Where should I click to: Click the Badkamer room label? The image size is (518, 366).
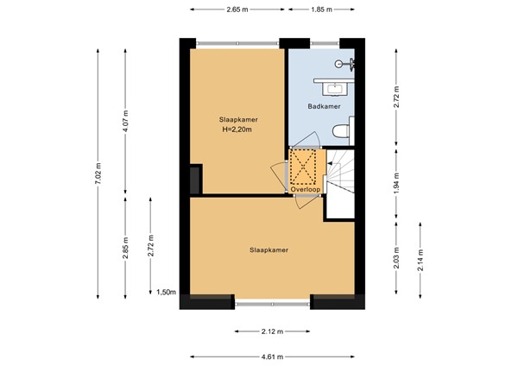pyautogui.click(x=324, y=106)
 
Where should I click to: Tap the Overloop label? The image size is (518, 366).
pyautogui.click(x=306, y=190)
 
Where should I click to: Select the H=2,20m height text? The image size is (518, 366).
pyautogui.click(x=237, y=129)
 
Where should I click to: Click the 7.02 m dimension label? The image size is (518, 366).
pyautogui.click(x=98, y=174)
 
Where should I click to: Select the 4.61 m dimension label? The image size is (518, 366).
pyautogui.click(x=272, y=357)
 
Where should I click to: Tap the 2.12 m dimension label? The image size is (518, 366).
pyautogui.click(x=272, y=331)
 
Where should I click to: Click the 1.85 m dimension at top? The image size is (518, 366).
pyautogui.click(x=321, y=9)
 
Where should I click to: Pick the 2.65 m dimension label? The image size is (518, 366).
pyautogui.click(x=237, y=9)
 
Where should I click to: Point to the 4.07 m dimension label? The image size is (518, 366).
pyautogui.click(x=125, y=122)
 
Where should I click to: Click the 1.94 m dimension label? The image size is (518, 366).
pyautogui.click(x=397, y=183)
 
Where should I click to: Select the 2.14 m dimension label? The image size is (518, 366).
pyautogui.click(x=420, y=260)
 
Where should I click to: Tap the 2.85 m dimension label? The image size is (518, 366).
pyautogui.click(x=125, y=248)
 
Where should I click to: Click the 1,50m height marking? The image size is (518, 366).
pyautogui.click(x=166, y=292)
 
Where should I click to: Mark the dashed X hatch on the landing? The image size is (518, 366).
pyautogui.click(x=301, y=167)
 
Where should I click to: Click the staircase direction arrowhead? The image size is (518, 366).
pyautogui.click(x=330, y=163)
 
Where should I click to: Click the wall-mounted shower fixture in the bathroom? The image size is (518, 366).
pyautogui.click(x=344, y=64)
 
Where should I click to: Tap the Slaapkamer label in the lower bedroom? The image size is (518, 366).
pyautogui.click(x=268, y=250)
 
